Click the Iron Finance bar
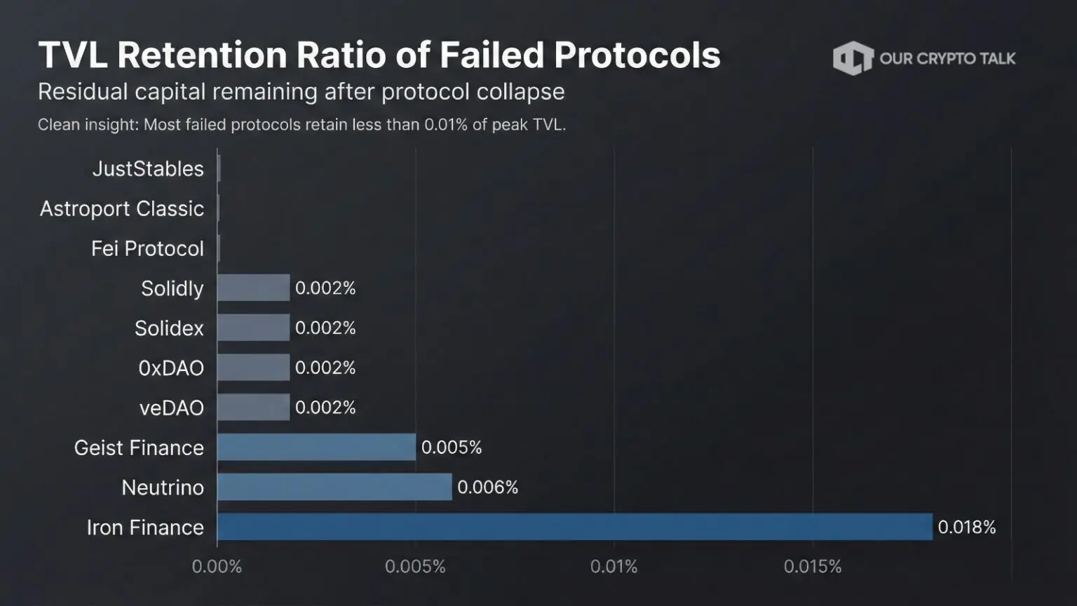(574, 527)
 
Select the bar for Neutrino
(334, 487)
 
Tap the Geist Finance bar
(316, 447)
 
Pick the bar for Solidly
(253, 288)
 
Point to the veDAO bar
(253, 407)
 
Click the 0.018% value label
(967, 527)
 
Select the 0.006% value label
(487, 487)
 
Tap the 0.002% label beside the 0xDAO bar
(325, 368)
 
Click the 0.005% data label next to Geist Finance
(451, 447)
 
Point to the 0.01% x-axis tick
(614, 567)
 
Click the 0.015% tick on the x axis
(812, 567)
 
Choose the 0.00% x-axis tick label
(217, 567)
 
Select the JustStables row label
(148, 169)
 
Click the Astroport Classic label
(122, 208)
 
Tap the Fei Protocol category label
(147, 248)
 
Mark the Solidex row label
(169, 328)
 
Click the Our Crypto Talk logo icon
(852, 58)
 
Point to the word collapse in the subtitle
(521, 92)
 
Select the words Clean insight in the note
(88, 125)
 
